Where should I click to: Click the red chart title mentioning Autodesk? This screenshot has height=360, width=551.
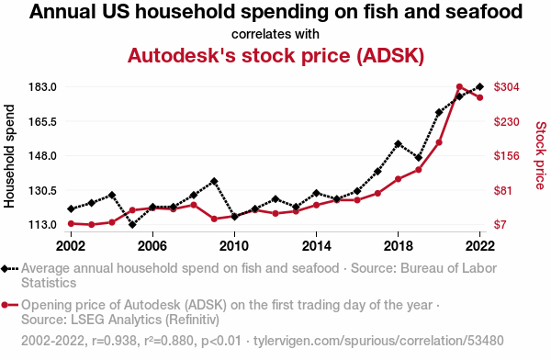tap(275, 55)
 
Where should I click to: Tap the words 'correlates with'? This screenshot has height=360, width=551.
tap(275, 34)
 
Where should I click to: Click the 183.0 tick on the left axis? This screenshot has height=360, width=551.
tap(42, 86)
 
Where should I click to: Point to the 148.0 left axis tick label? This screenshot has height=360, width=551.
tap(42, 155)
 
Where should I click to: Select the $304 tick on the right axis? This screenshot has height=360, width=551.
tap(506, 86)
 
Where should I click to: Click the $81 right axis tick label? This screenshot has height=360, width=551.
tap(503, 190)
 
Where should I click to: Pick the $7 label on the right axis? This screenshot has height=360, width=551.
tap(500, 224)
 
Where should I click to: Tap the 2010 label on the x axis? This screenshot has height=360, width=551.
tap(234, 246)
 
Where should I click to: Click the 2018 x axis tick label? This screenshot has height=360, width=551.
tap(399, 246)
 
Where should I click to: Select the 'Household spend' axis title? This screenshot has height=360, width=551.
tap(9, 156)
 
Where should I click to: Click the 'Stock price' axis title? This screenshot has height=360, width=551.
tap(541, 155)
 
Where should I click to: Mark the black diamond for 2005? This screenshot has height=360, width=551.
tap(132, 224)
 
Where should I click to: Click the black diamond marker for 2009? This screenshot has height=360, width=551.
tap(214, 182)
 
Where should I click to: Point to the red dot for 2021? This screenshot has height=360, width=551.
tap(459, 87)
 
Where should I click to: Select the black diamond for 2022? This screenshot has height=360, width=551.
tap(479, 86)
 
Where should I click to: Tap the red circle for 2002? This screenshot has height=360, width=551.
tap(71, 223)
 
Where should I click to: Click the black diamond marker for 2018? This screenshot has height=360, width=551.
tap(399, 144)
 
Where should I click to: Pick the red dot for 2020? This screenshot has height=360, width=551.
tap(439, 142)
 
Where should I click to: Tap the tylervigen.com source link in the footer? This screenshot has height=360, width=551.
tap(378, 341)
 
